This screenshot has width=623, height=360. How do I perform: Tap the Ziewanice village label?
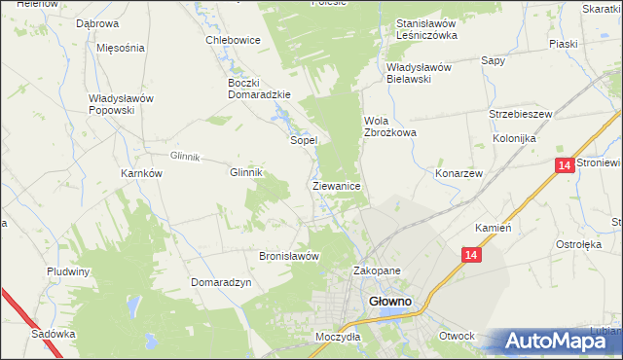[x=338, y=185]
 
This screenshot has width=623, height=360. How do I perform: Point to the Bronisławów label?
[x=289, y=257]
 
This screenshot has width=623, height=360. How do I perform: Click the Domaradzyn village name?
[x=222, y=282]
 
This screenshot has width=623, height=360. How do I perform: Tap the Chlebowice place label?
[x=232, y=40]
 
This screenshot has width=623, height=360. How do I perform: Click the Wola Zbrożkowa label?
[x=389, y=126]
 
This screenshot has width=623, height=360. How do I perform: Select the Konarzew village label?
[x=459, y=172]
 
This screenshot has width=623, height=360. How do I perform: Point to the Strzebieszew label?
[x=521, y=114]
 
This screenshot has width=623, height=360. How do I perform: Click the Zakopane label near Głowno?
[x=377, y=271]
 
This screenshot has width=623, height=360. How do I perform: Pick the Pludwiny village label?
[x=68, y=271]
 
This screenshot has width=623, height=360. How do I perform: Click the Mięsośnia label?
[x=121, y=48]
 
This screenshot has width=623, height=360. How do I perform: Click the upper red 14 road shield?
[x=564, y=166]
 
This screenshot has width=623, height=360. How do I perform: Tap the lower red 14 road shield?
[x=471, y=255]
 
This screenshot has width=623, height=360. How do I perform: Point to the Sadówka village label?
[x=53, y=333]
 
